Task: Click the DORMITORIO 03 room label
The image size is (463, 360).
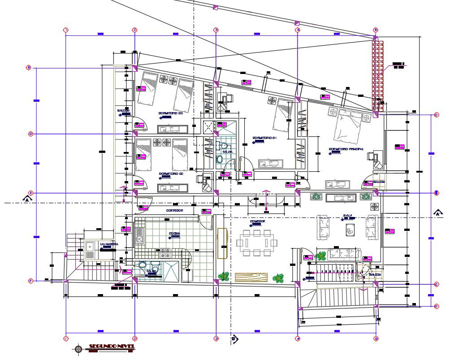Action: (x=171, y=113)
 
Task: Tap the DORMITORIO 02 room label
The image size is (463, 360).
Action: (x=171, y=173)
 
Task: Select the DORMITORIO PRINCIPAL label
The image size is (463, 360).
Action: (x=346, y=149)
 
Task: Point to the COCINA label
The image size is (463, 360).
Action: (x=174, y=234)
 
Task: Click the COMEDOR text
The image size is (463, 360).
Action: (x=258, y=221)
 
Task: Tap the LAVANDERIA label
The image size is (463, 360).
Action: (x=109, y=244)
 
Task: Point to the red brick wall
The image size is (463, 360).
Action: (x=378, y=74)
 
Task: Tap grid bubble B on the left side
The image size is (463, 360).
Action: (x=29, y=68)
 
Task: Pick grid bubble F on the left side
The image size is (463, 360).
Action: (x=30, y=281)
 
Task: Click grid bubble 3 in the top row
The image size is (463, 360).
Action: (x=216, y=30)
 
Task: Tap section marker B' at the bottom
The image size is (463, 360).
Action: (x=234, y=339)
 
